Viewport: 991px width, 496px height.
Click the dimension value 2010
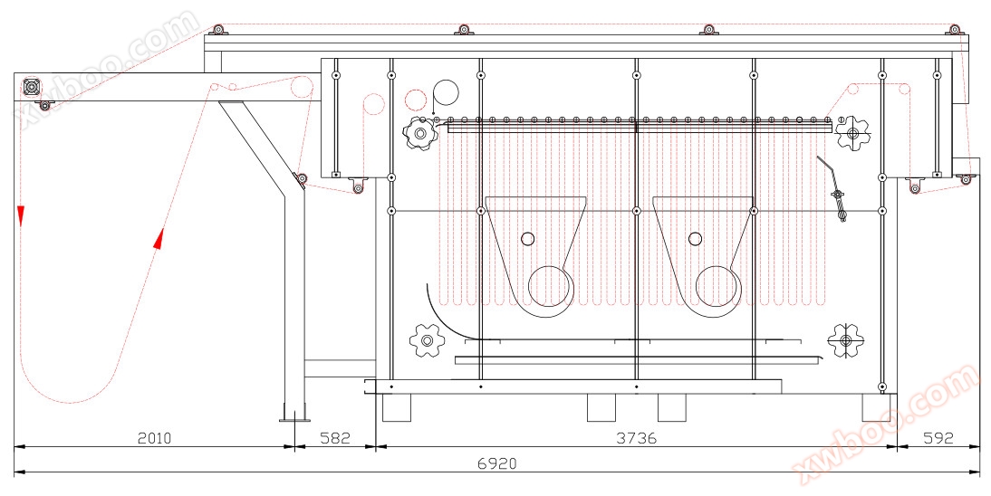[155, 438]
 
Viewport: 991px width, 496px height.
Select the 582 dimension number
[335, 438]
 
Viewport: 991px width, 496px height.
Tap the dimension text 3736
[637, 438]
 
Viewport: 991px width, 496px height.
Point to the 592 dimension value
[938, 438]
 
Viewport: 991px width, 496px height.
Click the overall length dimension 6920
[496, 463]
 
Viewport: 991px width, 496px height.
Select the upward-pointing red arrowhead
[159, 239]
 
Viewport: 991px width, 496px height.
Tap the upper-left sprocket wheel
[419, 133]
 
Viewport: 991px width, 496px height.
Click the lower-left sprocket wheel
[428, 341]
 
